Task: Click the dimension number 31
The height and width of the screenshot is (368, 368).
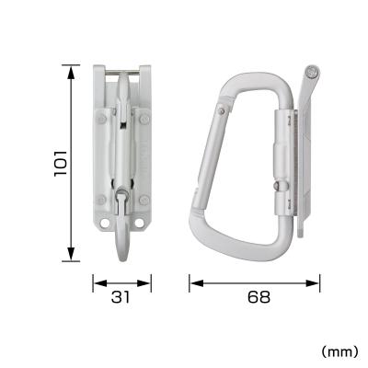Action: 121,297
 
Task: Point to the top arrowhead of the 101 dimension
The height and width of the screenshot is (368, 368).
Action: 71,68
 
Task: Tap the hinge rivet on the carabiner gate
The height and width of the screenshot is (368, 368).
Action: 224,111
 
